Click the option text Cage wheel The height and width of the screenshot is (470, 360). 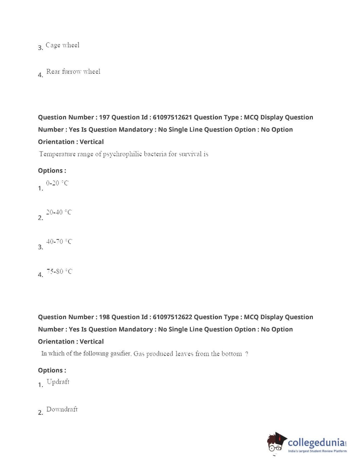click(62, 45)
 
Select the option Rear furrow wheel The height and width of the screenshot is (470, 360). click(73, 71)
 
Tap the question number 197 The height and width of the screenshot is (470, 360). click(104, 117)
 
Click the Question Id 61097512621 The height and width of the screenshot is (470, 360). click(172, 117)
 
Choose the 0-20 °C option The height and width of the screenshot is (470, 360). click(57, 183)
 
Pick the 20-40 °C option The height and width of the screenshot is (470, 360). click(59, 212)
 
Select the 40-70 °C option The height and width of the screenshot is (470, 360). click(59, 242)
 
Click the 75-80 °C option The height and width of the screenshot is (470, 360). click(59, 271)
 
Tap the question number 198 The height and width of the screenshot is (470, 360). click(104, 317)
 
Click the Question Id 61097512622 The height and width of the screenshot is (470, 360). click(172, 317)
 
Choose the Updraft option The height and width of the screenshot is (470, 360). click(58, 382)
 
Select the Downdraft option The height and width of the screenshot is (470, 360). click(62, 409)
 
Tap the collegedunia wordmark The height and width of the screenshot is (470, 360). click(316, 442)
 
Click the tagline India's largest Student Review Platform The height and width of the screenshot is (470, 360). click(317, 451)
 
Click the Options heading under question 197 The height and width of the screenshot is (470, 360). click(52, 170)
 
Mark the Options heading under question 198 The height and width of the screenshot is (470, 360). click(52, 370)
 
